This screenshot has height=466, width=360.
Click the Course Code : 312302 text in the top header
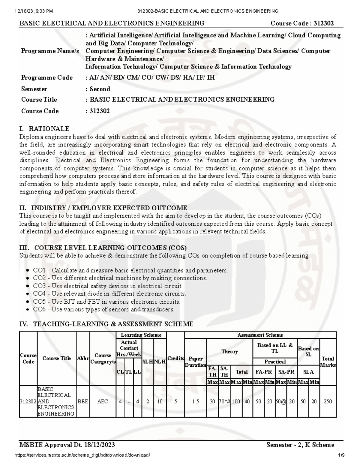pos(302,23)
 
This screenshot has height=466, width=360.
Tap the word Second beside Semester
pos(100,89)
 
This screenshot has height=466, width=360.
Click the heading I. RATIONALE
pos(44,129)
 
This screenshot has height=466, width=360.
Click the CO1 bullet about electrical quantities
pos(130,270)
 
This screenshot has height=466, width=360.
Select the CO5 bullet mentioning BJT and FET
pos(106,302)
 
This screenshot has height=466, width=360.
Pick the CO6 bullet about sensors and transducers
pos(103,309)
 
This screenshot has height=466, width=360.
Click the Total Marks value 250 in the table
pos(328,401)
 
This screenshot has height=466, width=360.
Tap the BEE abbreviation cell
pos(83,401)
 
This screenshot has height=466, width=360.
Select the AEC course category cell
pos(103,401)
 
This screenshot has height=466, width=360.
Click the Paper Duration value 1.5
pos(196,401)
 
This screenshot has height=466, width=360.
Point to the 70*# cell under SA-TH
pos(224,401)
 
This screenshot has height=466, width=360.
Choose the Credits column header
pos(175,359)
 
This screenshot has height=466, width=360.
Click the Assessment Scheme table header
pos(260,335)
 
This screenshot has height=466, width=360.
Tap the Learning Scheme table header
pos(141,335)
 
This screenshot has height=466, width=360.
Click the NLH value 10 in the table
pos(160,401)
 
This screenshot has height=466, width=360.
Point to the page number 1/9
pos(341,455)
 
